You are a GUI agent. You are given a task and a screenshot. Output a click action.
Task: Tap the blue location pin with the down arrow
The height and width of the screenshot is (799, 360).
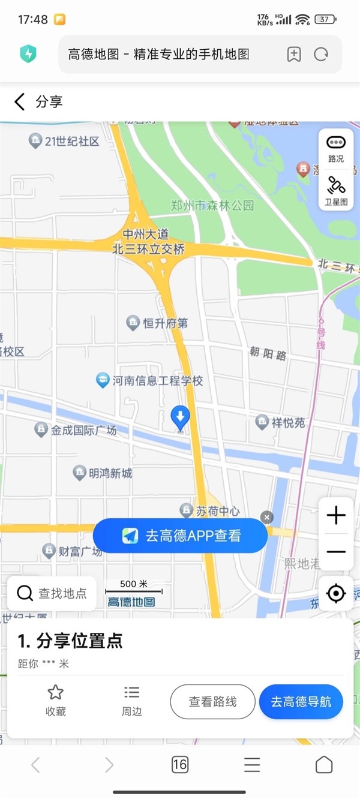click(x=180, y=417)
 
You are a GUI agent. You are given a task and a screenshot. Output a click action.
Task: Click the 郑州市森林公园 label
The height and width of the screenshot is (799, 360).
click(x=212, y=206)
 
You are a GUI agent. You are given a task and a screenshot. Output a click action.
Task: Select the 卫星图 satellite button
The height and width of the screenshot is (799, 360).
click(x=336, y=190)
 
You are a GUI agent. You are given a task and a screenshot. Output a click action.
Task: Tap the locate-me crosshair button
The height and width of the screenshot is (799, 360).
click(x=336, y=593)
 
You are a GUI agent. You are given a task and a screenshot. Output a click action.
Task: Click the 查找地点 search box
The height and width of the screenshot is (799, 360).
click(x=52, y=593)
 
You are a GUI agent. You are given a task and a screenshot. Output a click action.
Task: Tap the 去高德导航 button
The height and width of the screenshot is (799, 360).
click(x=301, y=702)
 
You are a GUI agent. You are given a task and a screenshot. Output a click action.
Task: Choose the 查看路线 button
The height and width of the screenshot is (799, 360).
click(x=212, y=702)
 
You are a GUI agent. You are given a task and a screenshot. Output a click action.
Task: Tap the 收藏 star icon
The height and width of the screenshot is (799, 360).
click(x=56, y=693)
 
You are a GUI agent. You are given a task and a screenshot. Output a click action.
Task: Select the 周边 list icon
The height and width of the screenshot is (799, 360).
click(x=131, y=693)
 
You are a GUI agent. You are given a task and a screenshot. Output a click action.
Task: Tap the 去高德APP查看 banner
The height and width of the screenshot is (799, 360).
click(x=180, y=536)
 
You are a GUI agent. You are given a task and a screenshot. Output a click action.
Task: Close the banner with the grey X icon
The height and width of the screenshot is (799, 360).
click(x=267, y=517)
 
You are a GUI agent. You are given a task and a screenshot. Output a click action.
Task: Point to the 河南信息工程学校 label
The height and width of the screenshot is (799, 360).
click(x=157, y=381)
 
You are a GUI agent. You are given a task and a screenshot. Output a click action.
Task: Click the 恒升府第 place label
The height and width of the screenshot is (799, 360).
click(x=164, y=323)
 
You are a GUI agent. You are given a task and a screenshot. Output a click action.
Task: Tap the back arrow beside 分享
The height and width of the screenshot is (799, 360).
click(x=20, y=102)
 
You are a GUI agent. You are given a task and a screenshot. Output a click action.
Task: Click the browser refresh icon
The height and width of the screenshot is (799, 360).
click(x=321, y=55)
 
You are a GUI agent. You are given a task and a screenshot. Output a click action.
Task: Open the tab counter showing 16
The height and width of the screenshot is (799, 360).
click(x=179, y=764)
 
